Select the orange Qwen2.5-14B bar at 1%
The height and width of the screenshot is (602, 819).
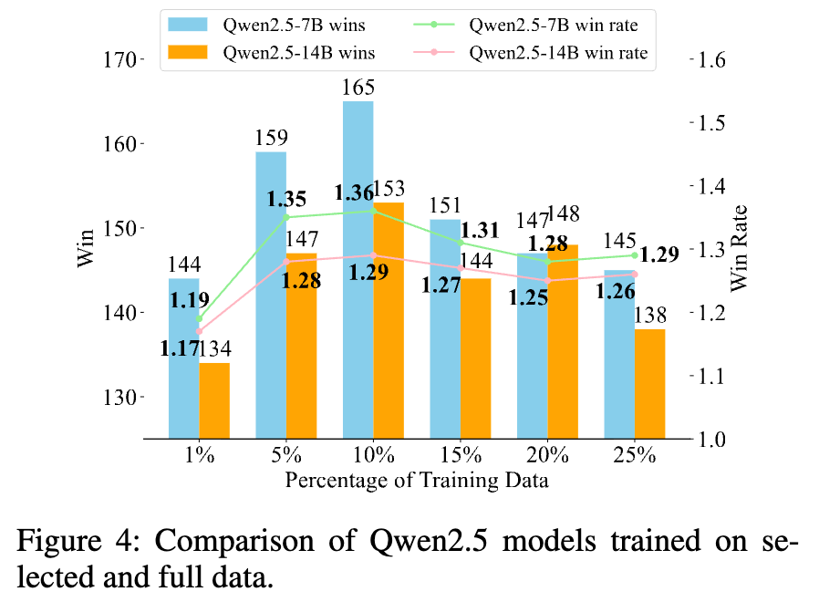(214, 400)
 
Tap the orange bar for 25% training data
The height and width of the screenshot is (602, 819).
(649, 383)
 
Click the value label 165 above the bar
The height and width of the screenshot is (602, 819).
(358, 88)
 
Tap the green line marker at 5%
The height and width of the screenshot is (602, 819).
(286, 217)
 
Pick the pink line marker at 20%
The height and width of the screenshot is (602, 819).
(547, 280)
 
